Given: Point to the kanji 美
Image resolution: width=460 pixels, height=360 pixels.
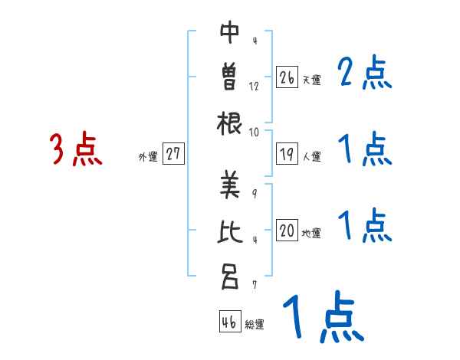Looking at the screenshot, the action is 230,184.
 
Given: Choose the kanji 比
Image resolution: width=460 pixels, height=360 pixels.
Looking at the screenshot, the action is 230,231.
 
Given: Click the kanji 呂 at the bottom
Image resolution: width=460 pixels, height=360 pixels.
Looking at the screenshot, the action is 229,276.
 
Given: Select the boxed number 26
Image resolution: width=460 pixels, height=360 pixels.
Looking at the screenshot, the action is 287,77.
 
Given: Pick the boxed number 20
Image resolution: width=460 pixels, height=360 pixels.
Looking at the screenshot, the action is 287,231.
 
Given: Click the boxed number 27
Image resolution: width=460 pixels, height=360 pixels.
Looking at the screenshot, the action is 173,154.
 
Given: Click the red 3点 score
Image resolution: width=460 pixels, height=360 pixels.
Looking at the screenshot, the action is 76,149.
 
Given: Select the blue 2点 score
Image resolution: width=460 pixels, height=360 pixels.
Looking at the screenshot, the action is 364,74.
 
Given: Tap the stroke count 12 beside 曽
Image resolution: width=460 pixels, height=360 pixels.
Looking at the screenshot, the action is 254,86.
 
